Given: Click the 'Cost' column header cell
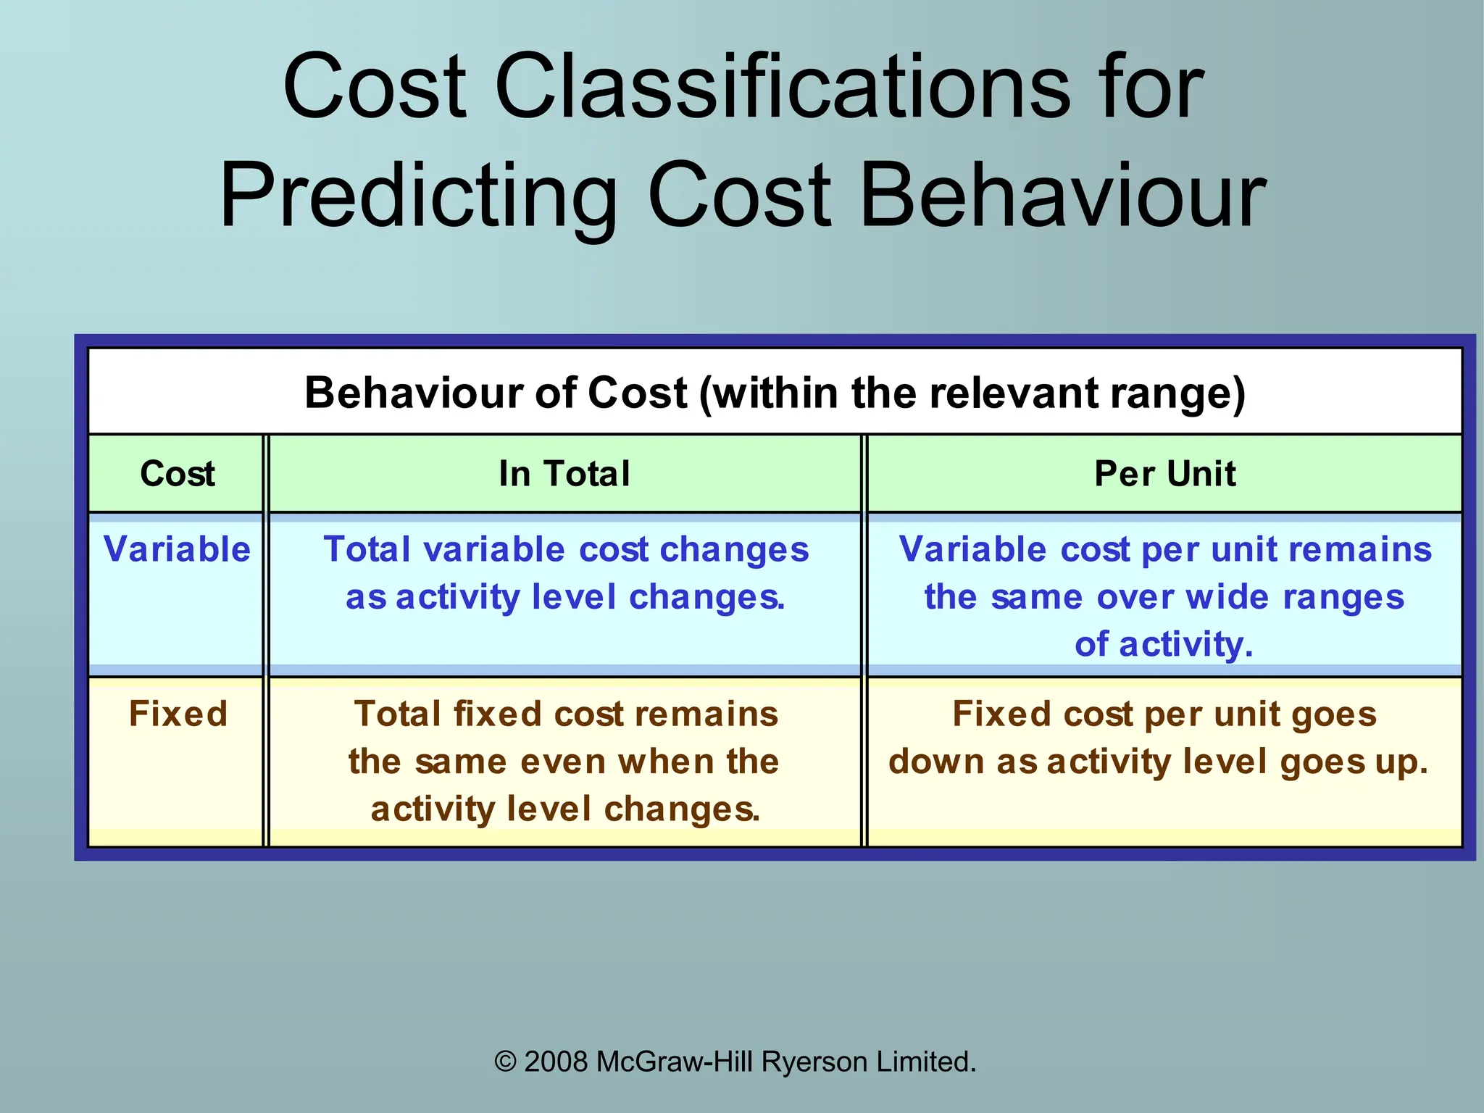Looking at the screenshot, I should (178, 474).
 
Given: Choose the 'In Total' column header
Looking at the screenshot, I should (564, 474).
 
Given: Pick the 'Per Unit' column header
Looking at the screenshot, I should (1164, 474).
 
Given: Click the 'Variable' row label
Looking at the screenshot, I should (177, 549).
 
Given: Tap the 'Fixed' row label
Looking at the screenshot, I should (178, 714).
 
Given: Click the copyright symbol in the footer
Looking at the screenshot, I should (505, 1062).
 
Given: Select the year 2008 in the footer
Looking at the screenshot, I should (556, 1062).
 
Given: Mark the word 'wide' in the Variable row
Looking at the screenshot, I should (1228, 598).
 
